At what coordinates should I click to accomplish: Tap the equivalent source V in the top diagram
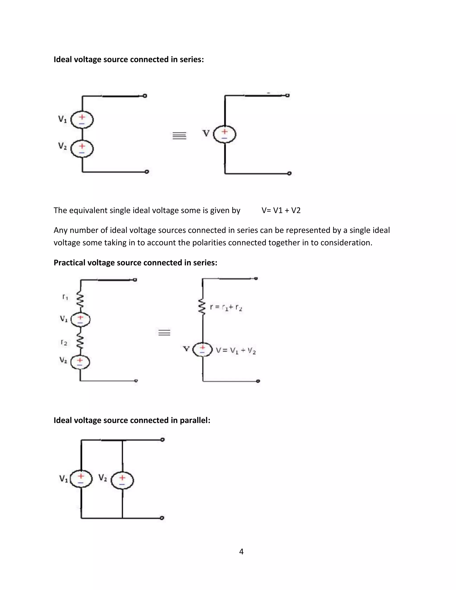(x=224, y=134)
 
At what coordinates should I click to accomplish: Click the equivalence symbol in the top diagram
(x=179, y=136)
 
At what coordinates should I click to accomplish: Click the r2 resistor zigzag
(x=80, y=343)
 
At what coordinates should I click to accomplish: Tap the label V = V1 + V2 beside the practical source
(x=236, y=351)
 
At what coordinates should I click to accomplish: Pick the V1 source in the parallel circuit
(x=81, y=479)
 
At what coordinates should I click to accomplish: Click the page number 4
(x=241, y=552)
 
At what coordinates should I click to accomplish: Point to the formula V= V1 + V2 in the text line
(x=281, y=210)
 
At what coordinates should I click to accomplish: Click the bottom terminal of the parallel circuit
(x=162, y=518)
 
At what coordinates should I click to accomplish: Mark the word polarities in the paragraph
(x=209, y=243)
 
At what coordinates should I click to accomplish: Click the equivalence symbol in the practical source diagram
(x=164, y=333)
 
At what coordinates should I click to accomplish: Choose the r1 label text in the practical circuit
(x=65, y=297)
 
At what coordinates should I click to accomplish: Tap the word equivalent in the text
(x=88, y=210)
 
